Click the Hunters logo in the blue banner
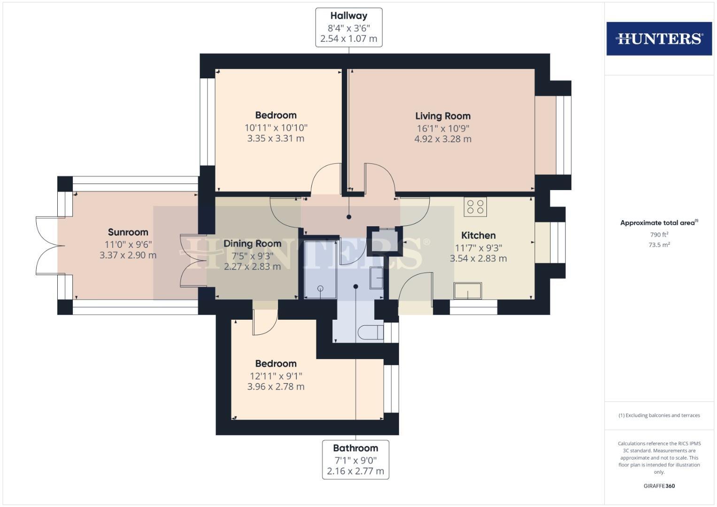(x=659, y=38)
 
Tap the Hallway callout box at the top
(x=348, y=27)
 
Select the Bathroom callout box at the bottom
(x=355, y=459)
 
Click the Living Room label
(x=442, y=116)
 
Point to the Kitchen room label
(x=478, y=236)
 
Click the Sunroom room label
(x=128, y=232)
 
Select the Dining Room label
(x=252, y=244)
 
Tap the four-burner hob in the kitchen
(x=475, y=207)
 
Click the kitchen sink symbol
(x=468, y=291)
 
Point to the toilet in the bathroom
(x=370, y=333)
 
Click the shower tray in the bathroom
(x=320, y=269)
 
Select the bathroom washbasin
(x=377, y=278)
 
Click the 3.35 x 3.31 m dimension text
(x=276, y=138)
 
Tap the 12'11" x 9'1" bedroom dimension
(x=276, y=376)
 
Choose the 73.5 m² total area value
(x=659, y=245)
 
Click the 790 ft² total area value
(x=659, y=235)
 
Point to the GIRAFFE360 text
(x=659, y=486)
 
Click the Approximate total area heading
(x=659, y=223)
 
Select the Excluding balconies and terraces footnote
(x=659, y=415)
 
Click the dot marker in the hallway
(x=349, y=217)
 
